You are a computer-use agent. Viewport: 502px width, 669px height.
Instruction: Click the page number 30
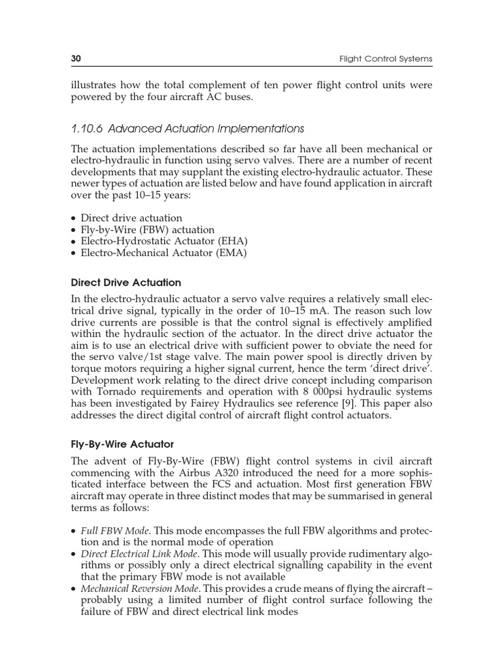75,59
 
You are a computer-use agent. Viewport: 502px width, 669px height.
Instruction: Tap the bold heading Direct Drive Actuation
125,283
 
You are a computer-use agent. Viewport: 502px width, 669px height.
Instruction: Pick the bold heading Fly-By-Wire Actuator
122,444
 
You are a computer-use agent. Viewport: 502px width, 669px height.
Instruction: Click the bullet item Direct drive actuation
131,218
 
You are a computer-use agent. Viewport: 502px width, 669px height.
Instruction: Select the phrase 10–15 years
158,195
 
